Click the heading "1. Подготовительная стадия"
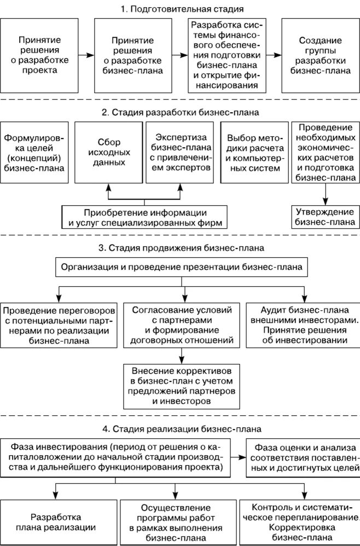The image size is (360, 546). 181,9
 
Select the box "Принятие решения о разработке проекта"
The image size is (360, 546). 39,55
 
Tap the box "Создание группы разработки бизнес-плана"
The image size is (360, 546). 321,55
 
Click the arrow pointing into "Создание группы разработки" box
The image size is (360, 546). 274,55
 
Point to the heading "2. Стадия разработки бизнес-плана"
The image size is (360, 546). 181,113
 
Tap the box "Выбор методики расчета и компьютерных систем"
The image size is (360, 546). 252,152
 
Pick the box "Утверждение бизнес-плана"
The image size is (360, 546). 324,217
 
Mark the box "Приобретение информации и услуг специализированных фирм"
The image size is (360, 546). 144,217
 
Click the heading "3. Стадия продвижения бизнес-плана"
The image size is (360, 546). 181,248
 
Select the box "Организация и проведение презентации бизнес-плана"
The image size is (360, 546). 181,268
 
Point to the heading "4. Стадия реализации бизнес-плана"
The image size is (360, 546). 181,428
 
